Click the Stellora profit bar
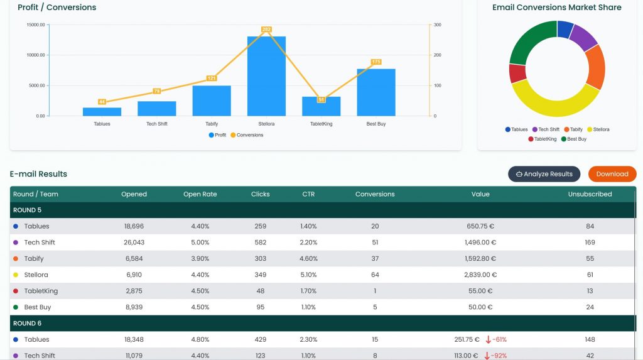[266, 77]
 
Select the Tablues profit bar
[102, 112]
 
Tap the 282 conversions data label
[266, 30]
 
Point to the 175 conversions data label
[376, 62]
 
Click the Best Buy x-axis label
[376, 124]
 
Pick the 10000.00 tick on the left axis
[36, 55]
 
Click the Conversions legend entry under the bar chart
[247, 135]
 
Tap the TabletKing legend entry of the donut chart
[542, 139]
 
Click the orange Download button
[612, 174]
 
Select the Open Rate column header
[200, 194]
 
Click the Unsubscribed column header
[590, 194]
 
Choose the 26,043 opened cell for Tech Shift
[134, 243]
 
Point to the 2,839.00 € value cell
[480, 275]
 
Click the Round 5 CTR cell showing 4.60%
[308, 259]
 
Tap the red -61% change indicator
[496, 340]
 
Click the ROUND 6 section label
[27, 324]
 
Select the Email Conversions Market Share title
[557, 8]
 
